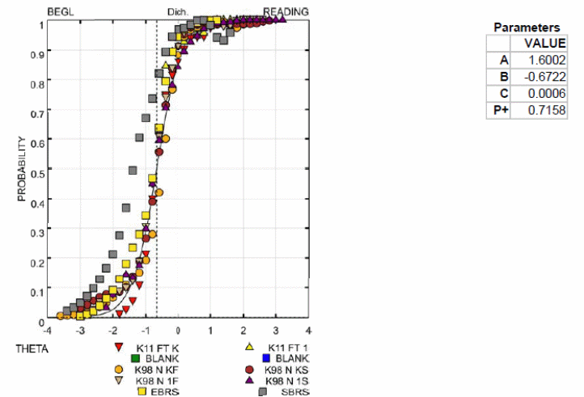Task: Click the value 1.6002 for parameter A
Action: click(548, 60)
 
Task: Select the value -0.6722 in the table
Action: click(547, 77)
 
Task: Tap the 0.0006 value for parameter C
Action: click(548, 94)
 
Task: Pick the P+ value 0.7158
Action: click(548, 111)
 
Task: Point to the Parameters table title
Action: click(526, 27)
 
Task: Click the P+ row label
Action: click(499, 111)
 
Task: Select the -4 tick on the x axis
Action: click(48, 330)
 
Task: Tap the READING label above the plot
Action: click(286, 11)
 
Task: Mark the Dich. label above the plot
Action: click(176, 12)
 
